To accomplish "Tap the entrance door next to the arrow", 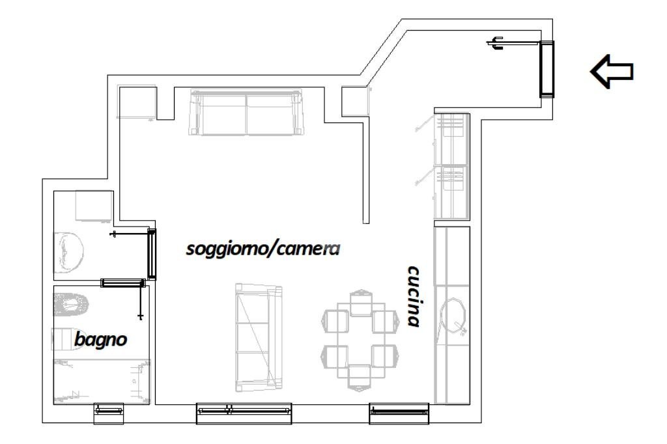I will point(546,68).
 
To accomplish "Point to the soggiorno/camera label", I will point(263,249).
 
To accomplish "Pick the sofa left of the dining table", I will point(258,339).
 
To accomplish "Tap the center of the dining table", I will point(360,339).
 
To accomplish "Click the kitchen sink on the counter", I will point(455,317).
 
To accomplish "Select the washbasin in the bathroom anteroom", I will point(70,252).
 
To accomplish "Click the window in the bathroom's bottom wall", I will point(108,409).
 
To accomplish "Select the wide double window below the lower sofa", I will point(244,409).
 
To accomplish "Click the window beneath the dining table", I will point(399,409).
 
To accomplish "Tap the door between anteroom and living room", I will point(152,253).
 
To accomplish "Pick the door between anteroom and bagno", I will point(122,283).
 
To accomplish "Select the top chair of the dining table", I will point(360,304).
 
